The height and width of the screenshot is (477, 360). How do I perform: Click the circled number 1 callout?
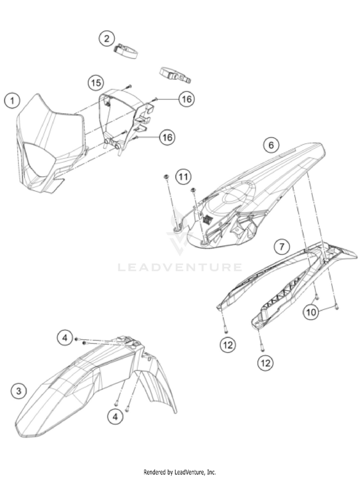click(x=12, y=100)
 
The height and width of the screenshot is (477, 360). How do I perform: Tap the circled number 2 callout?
click(x=107, y=38)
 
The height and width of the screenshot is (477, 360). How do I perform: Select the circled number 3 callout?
click(x=19, y=391)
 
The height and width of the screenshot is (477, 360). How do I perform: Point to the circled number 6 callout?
click(x=271, y=145)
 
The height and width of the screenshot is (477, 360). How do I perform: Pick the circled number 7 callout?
click(x=282, y=246)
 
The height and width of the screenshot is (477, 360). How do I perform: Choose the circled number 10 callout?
click(x=311, y=312)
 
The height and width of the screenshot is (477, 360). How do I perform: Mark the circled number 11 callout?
click(x=183, y=177)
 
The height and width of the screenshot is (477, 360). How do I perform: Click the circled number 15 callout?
click(x=96, y=83)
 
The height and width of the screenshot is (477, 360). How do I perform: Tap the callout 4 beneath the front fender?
click(x=115, y=416)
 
